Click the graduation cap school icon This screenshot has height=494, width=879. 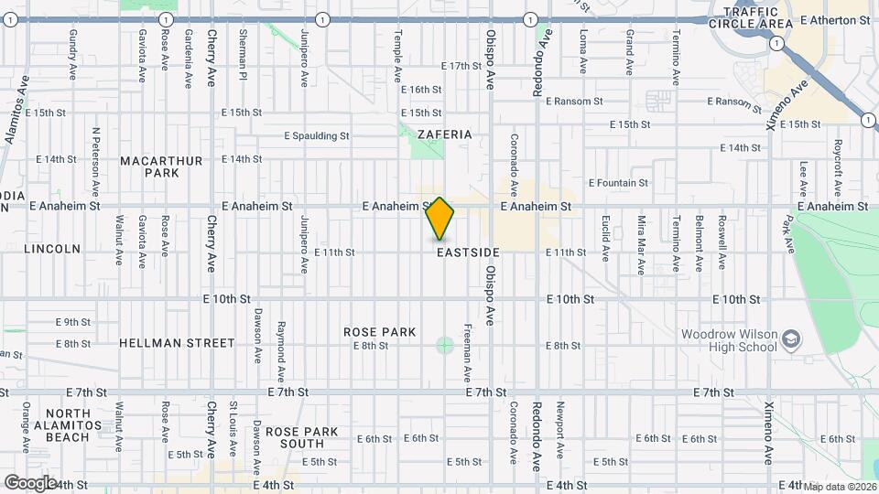(x=790, y=341)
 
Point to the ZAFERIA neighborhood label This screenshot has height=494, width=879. (x=444, y=134)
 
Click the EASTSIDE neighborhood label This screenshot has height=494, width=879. (x=468, y=252)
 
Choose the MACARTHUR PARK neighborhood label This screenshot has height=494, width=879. (x=161, y=166)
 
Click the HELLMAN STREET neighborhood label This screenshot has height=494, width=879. (x=177, y=343)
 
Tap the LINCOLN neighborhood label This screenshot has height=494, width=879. (x=52, y=248)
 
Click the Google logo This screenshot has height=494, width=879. (x=30, y=482)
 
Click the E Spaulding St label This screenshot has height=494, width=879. (x=317, y=135)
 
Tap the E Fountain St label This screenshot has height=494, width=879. (x=618, y=183)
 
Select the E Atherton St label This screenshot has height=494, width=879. (x=834, y=19)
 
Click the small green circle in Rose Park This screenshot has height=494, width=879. (x=445, y=345)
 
